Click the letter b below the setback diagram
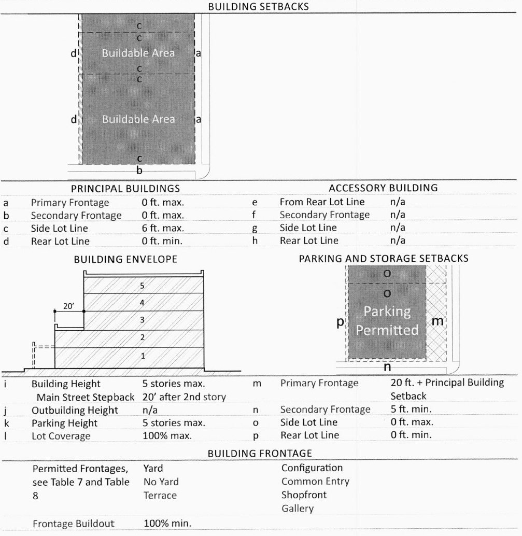tap(139, 169)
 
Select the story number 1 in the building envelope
tap(144, 356)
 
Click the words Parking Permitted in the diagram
tap(387, 321)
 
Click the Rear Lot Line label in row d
tap(60, 241)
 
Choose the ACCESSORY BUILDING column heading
tap(383, 188)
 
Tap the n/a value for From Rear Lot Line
tap(398, 202)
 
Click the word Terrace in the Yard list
tap(160, 495)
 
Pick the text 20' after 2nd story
tap(185, 397)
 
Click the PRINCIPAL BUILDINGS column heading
tap(125, 188)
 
